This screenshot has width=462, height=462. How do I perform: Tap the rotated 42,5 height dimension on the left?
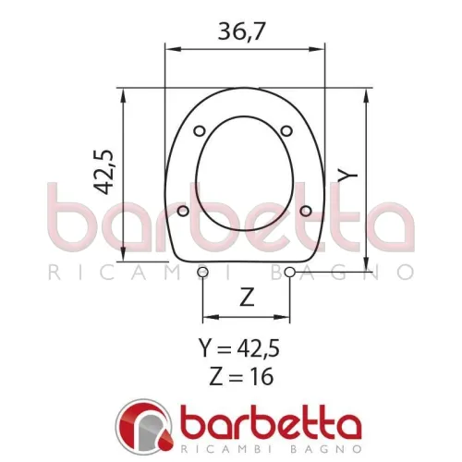(103, 168)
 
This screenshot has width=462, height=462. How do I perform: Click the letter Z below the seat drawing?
(247, 298)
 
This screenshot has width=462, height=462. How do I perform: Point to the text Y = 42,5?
(239, 349)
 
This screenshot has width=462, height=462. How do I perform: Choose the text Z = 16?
(239, 377)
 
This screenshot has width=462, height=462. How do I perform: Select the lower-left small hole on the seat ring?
(183, 211)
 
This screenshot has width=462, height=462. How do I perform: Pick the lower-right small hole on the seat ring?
(305, 211)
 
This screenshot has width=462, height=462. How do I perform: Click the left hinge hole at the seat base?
(203, 272)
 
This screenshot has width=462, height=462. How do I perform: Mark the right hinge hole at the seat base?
(291, 272)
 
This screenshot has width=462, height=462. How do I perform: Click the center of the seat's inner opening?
(245, 176)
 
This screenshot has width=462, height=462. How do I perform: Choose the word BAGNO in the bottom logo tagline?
(314, 448)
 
